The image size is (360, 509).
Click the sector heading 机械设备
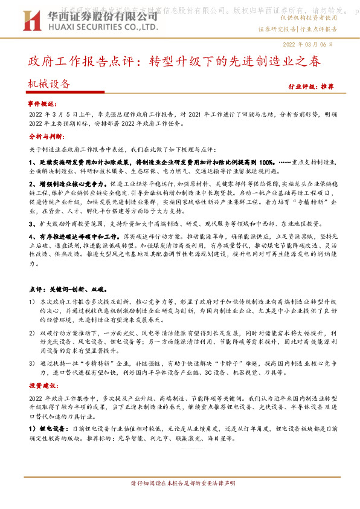click(x=49, y=85)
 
